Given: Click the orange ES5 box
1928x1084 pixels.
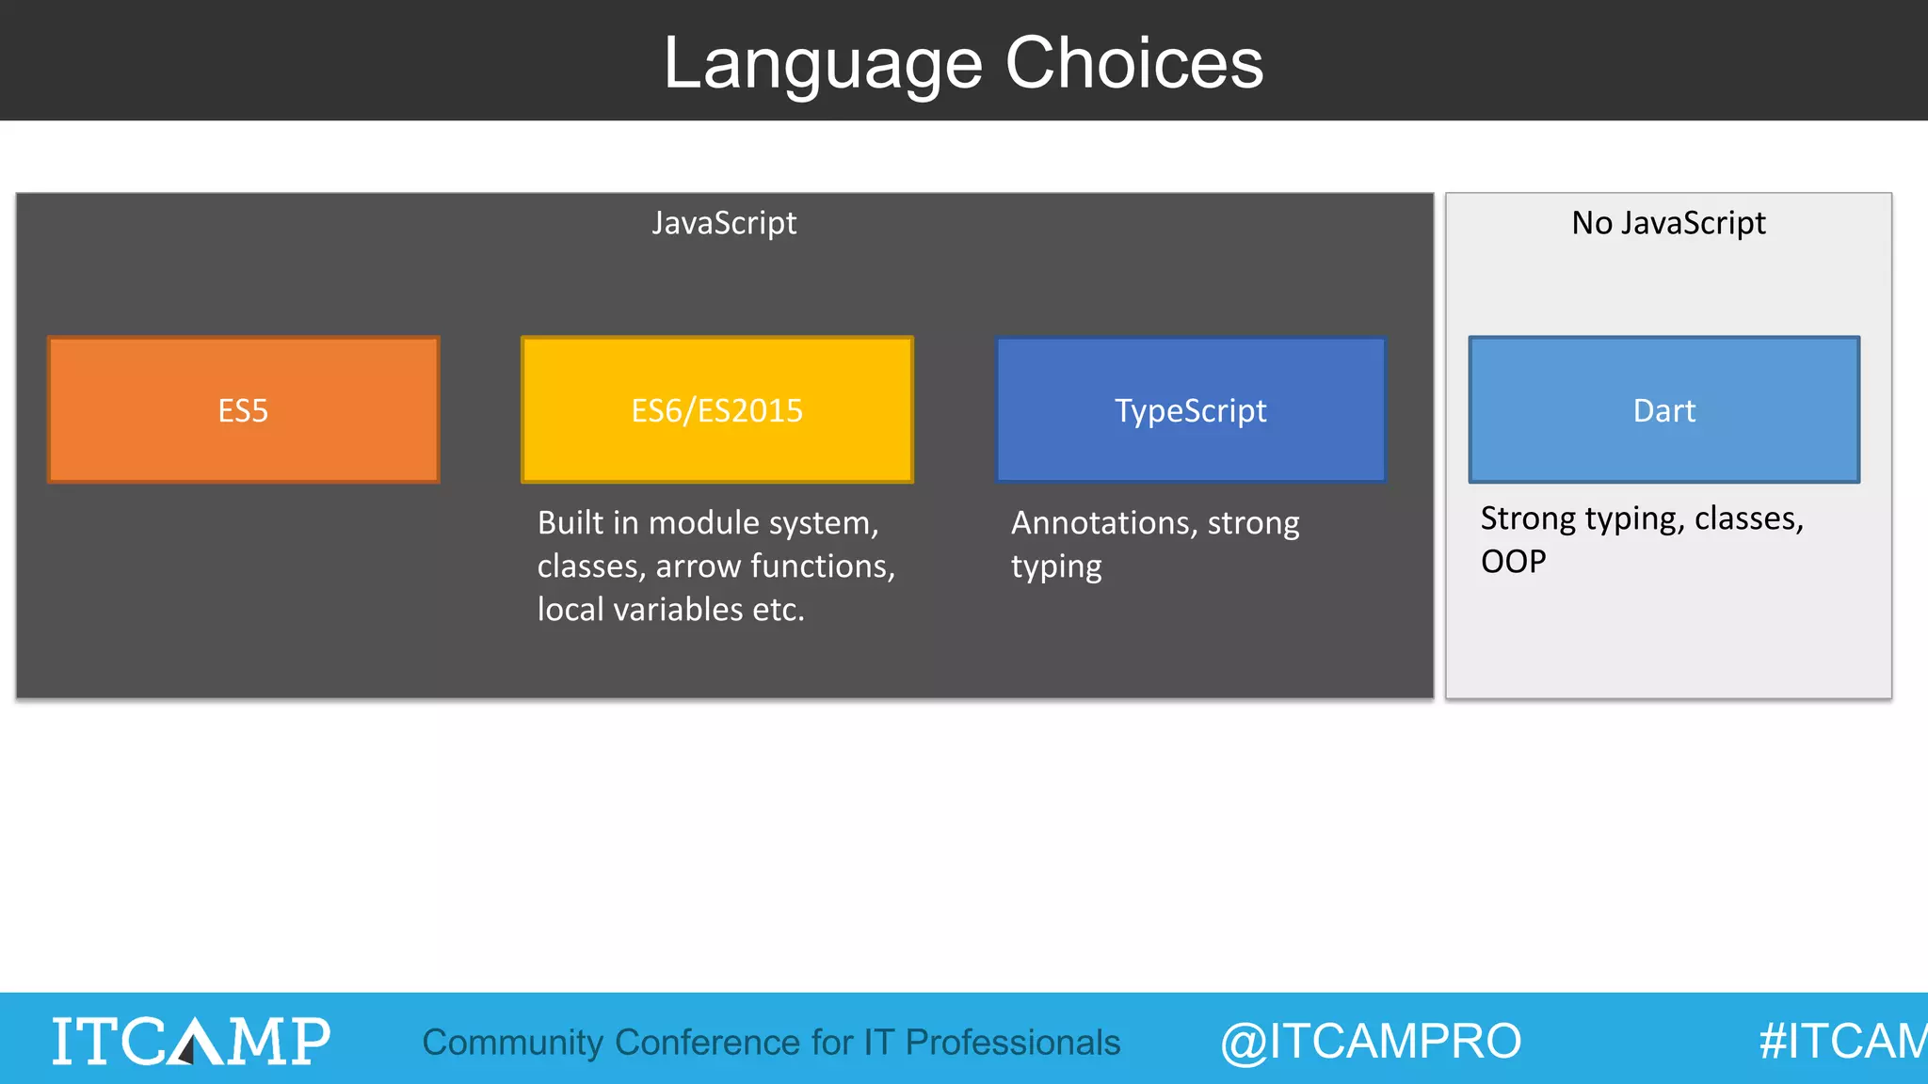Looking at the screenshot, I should [x=243, y=410].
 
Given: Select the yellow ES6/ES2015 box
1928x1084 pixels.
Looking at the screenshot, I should [x=716, y=410].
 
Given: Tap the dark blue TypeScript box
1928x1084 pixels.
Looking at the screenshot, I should [x=1190, y=410].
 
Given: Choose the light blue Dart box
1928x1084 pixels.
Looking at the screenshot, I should [x=1663, y=410].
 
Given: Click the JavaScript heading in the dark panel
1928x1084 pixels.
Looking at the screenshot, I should [x=724, y=223].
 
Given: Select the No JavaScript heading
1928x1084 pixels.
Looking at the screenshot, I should [x=1668, y=223].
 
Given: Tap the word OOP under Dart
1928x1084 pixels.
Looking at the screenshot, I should [x=1513, y=562].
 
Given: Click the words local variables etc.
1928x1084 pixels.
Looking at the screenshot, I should [x=670, y=610].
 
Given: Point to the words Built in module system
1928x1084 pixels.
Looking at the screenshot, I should [x=707, y=523].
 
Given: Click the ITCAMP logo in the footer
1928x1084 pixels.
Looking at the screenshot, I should [x=191, y=1041].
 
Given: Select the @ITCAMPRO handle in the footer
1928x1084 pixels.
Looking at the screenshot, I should [x=1370, y=1042].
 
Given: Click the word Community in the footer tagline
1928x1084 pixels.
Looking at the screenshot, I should [x=512, y=1043].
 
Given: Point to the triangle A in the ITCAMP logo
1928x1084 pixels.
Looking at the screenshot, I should [x=194, y=1042].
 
